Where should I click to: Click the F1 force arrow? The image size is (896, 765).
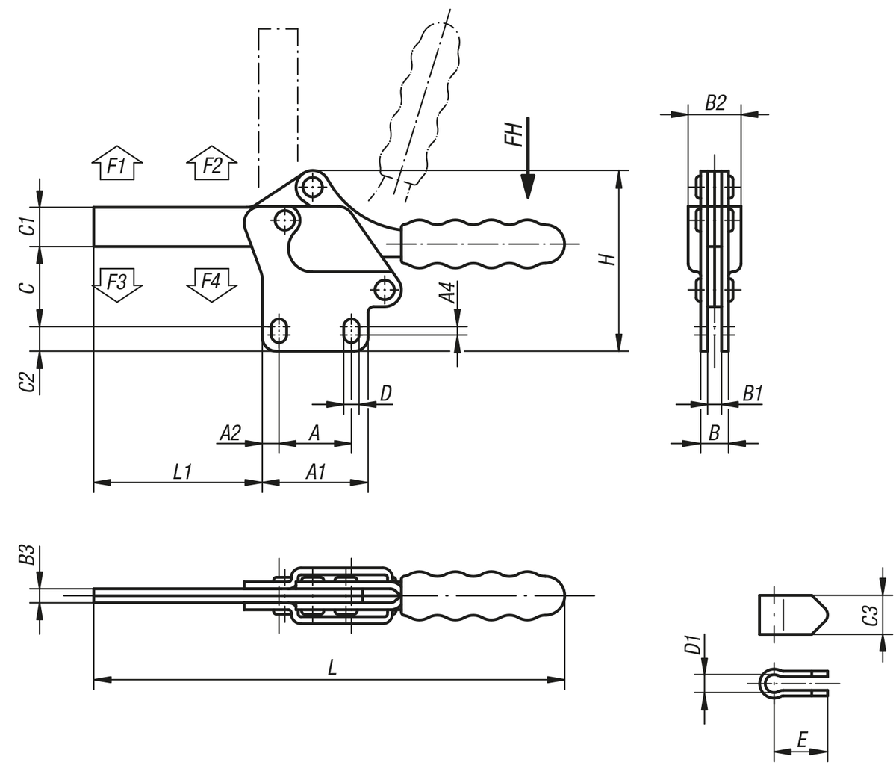[x=116, y=164]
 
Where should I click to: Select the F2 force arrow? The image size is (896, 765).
[x=212, y=164]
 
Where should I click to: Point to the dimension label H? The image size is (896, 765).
[x=608, y=258]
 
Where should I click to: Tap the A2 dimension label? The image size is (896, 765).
[x=230, y=432]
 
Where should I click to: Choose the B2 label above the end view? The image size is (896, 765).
[x=715, y=103]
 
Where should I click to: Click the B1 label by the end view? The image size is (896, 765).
[x=753, y=394]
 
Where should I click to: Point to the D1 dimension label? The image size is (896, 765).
[x=691, y=644]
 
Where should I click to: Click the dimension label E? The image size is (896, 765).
[x=800, y=740]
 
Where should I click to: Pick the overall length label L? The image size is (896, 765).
[x=332, y=668]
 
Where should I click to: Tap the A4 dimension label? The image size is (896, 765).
[x=447, y=293]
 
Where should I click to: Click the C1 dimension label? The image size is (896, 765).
[x=27, y=226]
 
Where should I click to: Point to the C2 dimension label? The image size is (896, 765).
[x=27, y=381]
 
